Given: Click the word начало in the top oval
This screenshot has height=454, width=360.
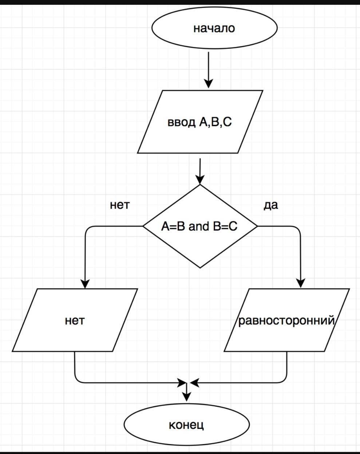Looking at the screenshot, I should click(214, 28).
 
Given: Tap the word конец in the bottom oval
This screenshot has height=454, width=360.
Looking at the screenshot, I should click(186, 425).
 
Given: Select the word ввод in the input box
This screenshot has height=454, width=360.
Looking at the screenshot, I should click(181, 122).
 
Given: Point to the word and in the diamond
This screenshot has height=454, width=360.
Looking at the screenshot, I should click(199, 226).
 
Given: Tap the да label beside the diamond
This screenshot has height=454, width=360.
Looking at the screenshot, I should click(271, 205).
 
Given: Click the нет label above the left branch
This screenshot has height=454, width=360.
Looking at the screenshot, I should click(119, 205).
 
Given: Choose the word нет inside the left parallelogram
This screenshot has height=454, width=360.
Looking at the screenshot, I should click(75, 320).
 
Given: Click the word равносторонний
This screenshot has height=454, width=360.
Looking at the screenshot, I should click(286, 320).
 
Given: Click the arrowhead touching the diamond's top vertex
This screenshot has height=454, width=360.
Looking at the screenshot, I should click(200, 179).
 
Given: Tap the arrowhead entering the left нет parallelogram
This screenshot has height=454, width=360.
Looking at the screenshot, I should click(85, 283).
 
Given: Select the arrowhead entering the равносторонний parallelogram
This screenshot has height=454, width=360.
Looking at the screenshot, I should click(301, 283).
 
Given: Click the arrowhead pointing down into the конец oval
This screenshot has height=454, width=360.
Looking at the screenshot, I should click(186, 396).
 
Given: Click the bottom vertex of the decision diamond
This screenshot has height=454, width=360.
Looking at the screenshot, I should click(200, 268).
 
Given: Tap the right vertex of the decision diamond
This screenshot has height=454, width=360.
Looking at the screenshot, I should click(257, 226).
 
